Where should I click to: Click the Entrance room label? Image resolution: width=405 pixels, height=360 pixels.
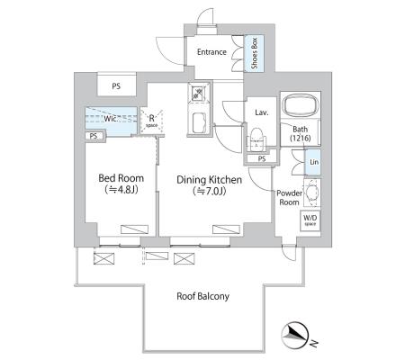coord(211,52)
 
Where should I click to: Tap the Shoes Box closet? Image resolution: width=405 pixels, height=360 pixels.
coord(254,53)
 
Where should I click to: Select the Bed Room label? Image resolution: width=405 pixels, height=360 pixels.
coord(121,178)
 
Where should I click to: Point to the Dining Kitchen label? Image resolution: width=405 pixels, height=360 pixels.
coord(209,180)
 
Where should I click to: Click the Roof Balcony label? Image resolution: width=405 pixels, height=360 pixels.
coord(203,296)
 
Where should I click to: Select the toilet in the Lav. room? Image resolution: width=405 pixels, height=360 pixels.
coord(256,139)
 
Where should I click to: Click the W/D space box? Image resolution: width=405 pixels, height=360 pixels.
coord(310,220)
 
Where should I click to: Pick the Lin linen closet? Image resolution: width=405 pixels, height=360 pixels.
coord(312,162)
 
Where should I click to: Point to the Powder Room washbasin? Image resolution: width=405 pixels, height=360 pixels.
coord(312,193)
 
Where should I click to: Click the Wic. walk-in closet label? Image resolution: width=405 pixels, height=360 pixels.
coord(110,119)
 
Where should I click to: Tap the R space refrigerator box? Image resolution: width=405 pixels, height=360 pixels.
coord(152,121)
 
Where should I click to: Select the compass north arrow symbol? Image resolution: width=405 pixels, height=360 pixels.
coord(295,336)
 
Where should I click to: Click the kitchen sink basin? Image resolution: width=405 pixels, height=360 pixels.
coord(199,122)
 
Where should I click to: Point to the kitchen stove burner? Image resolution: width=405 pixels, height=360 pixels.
coord(198,93)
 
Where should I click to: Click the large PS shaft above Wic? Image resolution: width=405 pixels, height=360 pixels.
coord(116,86)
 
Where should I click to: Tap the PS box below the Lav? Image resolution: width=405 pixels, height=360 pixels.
coord(262,158)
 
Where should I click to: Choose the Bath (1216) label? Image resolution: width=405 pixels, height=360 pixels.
coord(300,133)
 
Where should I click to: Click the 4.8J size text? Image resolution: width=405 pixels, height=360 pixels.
coord(121,190)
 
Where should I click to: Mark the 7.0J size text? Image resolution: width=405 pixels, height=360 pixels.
coord(210,191)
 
